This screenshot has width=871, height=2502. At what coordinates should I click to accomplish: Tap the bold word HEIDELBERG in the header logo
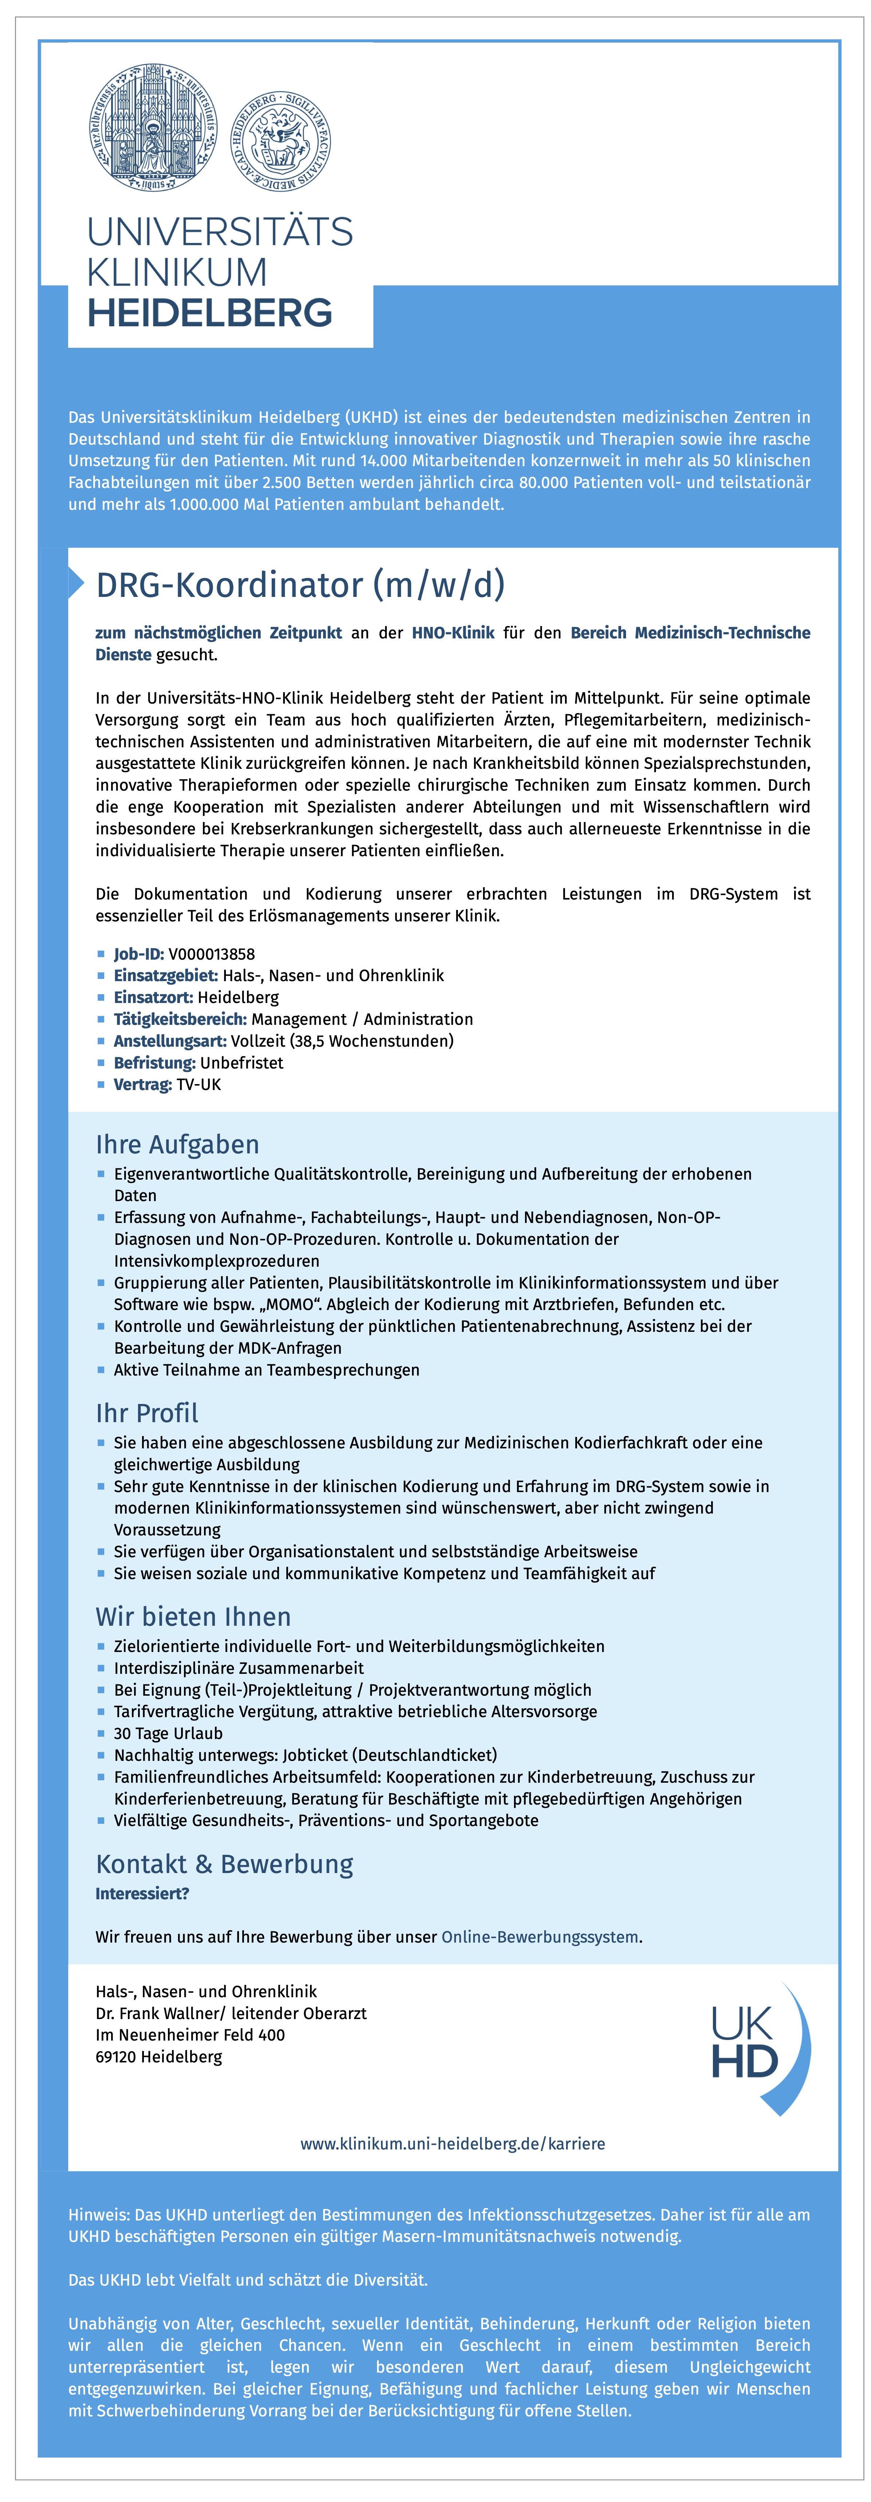210,313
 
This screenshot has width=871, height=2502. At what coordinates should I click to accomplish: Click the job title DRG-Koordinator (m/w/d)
300,585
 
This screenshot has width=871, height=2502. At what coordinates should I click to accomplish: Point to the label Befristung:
154,1063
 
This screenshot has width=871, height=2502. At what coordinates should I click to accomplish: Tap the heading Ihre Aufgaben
177,1144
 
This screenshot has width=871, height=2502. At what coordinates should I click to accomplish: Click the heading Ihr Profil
146,1413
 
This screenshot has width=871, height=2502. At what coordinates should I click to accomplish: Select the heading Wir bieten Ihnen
193,1616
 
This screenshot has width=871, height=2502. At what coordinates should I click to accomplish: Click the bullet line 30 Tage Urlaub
168,1733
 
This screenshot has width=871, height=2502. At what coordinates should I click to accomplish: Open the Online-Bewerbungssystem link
540,1937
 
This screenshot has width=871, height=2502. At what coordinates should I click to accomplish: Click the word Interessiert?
142,1893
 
